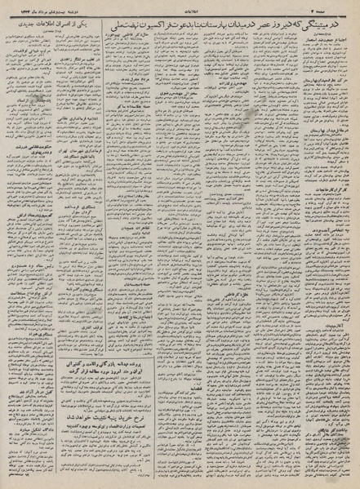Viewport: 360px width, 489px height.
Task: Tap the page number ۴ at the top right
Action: point(343,5)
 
